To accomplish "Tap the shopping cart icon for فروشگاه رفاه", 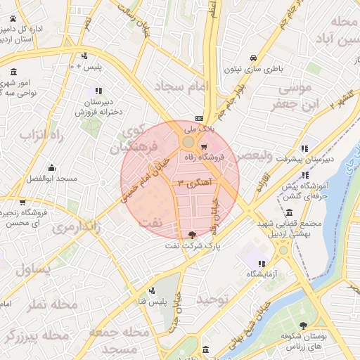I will click(x=204, y=148).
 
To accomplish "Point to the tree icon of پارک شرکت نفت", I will click(x=193, y=234).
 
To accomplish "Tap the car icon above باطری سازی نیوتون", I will click(x=252, y=58).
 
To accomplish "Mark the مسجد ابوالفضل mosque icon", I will click(x=51, y=168).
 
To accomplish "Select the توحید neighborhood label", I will click(x=212, y=300).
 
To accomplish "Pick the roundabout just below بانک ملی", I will click(x=188, y=143).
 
